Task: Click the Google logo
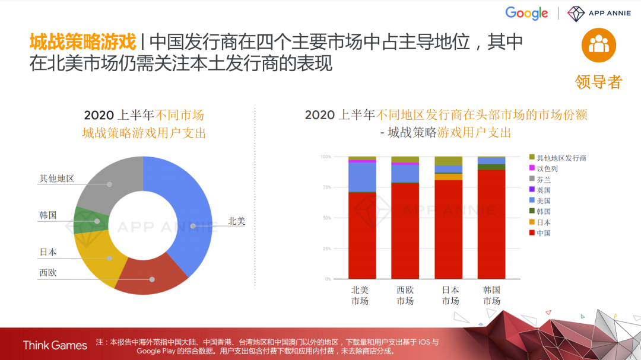pos(526,13)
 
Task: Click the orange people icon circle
pos(598,45)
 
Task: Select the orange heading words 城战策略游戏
pos(82,42)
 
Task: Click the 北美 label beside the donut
pos(236,221)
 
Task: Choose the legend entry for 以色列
pos(547,168)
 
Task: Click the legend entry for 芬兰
pos(543,179)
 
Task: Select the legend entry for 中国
pos(543,233)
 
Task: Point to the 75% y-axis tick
pos(326,187)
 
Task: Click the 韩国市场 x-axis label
pos(491,295)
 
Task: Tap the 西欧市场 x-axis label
pos(405,295)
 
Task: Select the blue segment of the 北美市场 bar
pos(362,177)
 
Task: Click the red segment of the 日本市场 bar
pos(448,228)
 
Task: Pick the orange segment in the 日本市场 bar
pos(448,177)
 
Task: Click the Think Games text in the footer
pos(55,345)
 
